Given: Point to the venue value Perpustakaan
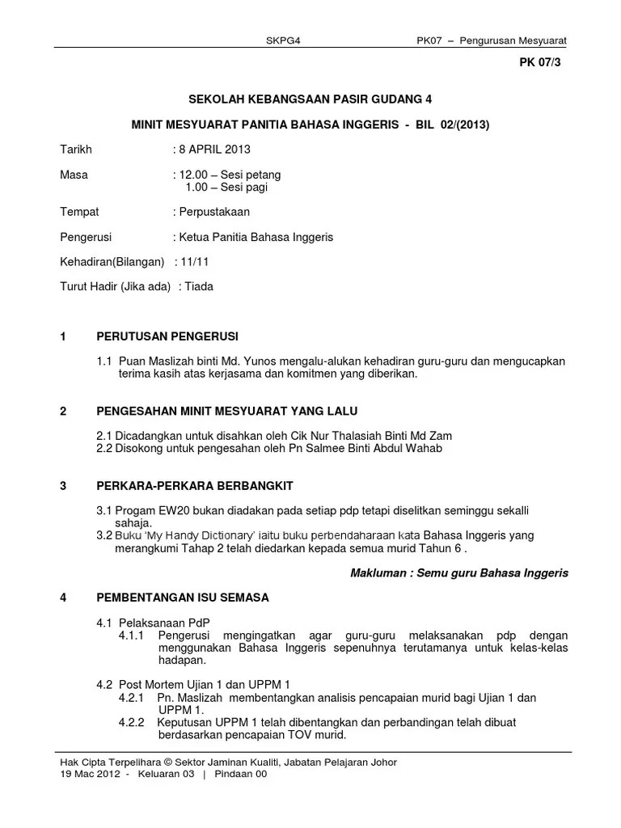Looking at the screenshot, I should pyautogui.click(x=214, y=212).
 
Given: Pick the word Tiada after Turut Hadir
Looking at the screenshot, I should pyautogui.click(x=199, y=286).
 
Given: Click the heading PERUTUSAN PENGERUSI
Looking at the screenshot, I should pyautogui.click(x=167, y=336).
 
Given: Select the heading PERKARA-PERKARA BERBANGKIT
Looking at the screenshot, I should pyautogui.click(x=195, y=485).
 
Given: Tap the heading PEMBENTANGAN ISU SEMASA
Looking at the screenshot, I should pyautogui.click(x=183, y=598).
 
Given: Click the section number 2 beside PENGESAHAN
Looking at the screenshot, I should pyautogui.click(x=64, y=411).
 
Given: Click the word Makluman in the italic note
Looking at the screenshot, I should pyautogui.click(x=377, y=572).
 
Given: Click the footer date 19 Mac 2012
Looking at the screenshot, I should pyautogui.click(x=90, y=774).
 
